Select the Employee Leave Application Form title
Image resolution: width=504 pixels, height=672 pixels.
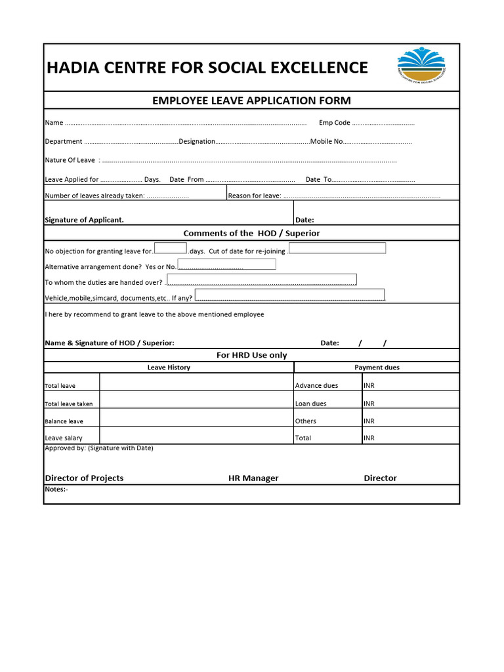(251, 100)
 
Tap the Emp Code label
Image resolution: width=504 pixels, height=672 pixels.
(335, 123)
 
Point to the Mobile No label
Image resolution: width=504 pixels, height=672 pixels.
(327, 141)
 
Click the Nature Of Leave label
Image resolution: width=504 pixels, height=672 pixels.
(70, 160)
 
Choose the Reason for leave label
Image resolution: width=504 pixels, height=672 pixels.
(255, 196)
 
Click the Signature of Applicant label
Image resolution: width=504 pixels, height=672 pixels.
(84, 220)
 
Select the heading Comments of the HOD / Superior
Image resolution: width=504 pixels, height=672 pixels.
(251, 233)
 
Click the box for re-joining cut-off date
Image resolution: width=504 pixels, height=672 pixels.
(337, 248)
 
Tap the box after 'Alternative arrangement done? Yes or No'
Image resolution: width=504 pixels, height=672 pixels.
(227, 264)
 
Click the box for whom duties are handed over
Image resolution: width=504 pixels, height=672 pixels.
(261, 280)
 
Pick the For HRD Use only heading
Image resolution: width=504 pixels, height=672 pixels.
(251, 355)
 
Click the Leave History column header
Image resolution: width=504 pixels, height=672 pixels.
(169, 367)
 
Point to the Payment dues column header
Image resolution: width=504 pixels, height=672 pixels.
(377, 367)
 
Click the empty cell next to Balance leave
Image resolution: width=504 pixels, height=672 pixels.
(197, 417)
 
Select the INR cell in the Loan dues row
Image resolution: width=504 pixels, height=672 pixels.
(410, 404)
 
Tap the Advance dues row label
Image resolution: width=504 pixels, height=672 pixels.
(317, 386)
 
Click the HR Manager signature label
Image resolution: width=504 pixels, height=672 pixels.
(253, 478)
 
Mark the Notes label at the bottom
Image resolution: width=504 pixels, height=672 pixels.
(56, 490)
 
